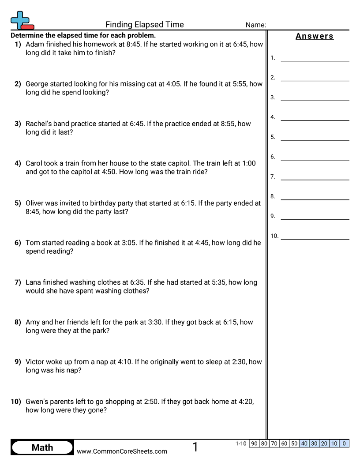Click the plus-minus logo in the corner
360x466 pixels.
(21, 20)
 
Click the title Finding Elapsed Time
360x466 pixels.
(145, 25)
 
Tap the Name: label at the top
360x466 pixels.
(255, 25)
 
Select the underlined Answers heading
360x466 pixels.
(315, 36)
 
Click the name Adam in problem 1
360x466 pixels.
(34, 44)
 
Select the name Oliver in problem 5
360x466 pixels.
(36, 203)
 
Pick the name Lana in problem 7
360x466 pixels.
(34, 282)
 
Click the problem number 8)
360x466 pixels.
(18, 322)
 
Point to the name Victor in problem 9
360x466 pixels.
(35, 362)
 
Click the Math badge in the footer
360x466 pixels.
(42, 447)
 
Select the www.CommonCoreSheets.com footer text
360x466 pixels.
(122, 451)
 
